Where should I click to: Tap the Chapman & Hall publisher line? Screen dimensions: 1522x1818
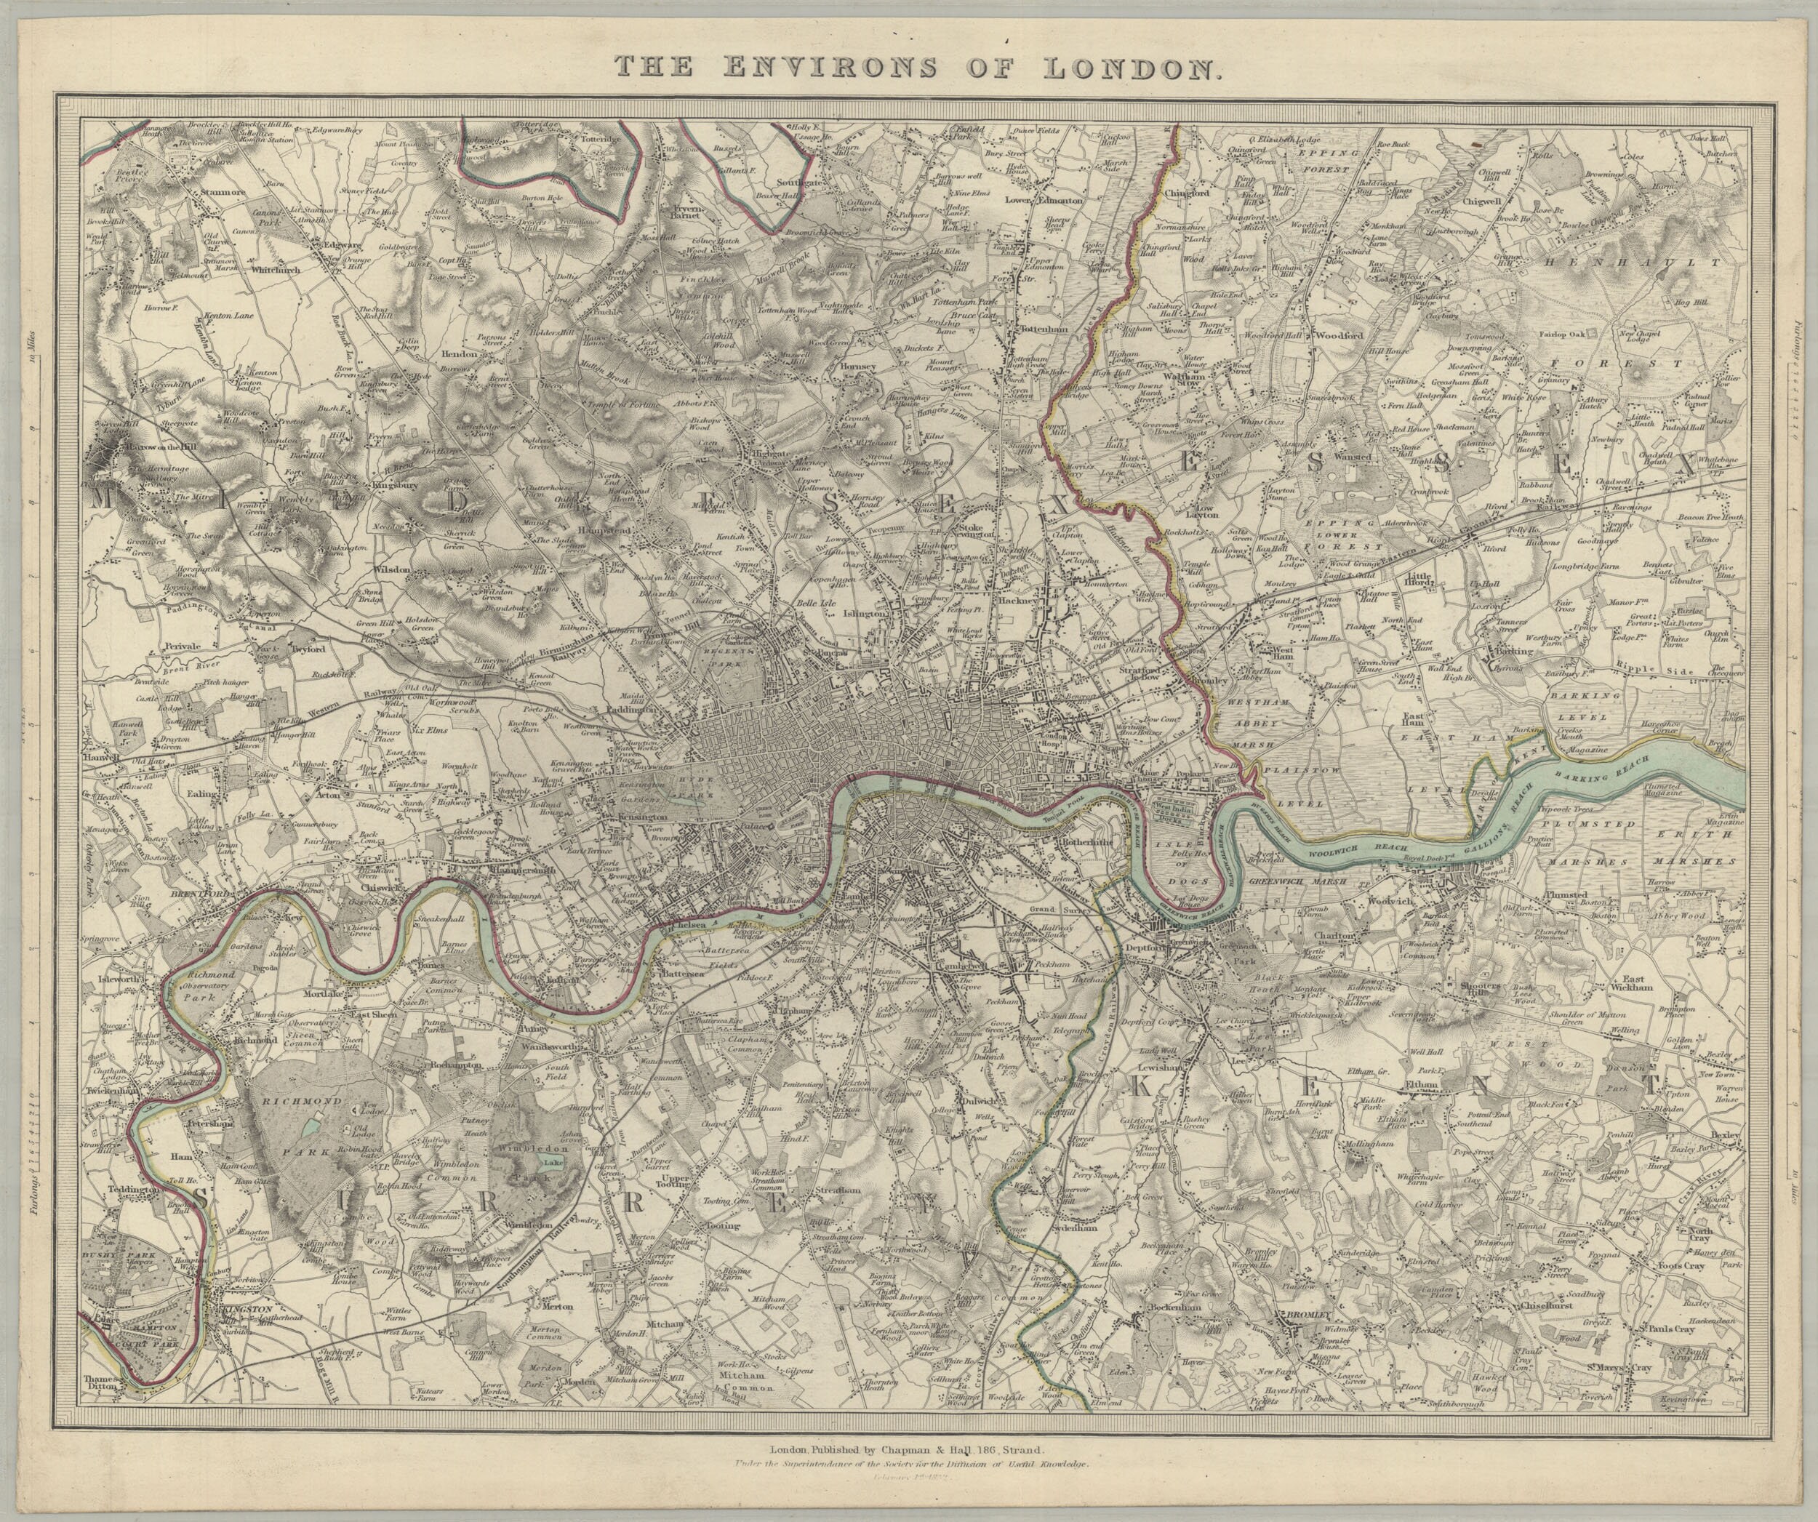908,1449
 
